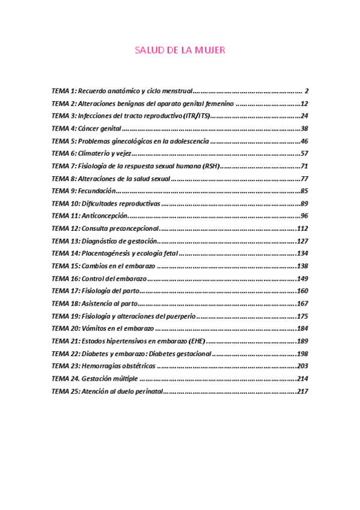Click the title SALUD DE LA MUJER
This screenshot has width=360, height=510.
click(180, 51)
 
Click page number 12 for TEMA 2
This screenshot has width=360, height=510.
click(304, 103)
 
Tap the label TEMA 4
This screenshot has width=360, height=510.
click(64, 129)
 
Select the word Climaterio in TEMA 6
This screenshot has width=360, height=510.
click(93, 153)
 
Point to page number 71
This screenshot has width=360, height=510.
click(304, 166)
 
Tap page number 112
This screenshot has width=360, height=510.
click(302, 229)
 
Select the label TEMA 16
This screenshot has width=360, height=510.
click(66, 278)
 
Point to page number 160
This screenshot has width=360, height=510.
click(302, 291)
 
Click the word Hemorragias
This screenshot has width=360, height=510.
click(100, 366)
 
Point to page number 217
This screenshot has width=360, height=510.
click(302, 391)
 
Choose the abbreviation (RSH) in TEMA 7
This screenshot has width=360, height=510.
click(210, 166)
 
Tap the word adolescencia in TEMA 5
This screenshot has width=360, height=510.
click(188, 141)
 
